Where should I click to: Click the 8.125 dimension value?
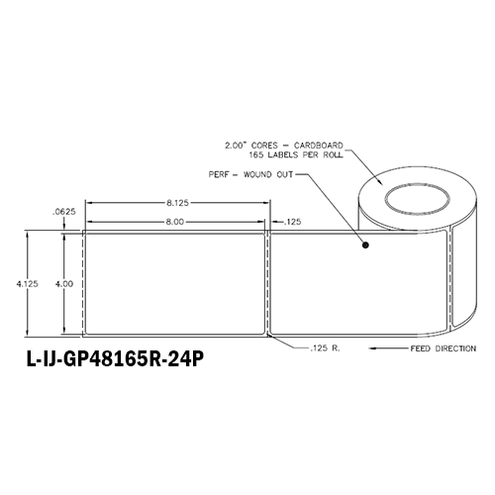click(177, 203)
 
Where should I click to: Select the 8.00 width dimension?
click(174, 222)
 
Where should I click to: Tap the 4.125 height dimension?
click(28, 283)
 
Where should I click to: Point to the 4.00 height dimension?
click(64, 283)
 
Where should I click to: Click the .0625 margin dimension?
click(64, 212)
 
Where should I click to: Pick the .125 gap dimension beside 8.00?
click(292, 222)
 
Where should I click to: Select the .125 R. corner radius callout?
click(325, 347)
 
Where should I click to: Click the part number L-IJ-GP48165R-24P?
click(115, 359)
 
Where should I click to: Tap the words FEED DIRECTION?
click(444, 348)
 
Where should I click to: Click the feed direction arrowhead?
click(373, 348)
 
